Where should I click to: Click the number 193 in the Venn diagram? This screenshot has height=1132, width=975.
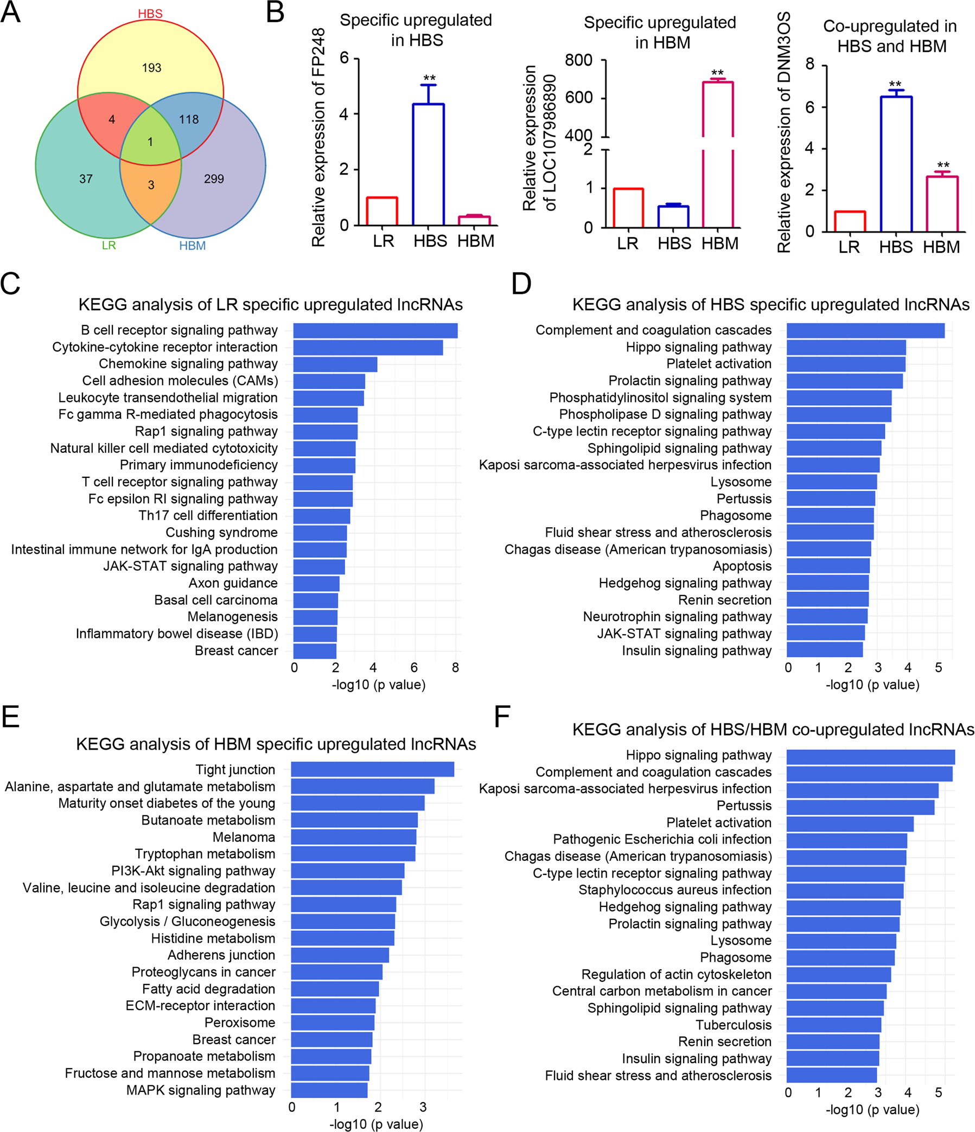151,68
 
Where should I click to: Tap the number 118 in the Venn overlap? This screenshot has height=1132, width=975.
189,119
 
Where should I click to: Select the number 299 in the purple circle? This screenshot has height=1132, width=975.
214,178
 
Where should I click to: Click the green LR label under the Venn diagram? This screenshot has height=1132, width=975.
109,245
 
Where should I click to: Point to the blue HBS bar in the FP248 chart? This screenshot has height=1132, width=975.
429,164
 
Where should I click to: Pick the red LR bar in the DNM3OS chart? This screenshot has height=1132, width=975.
849,221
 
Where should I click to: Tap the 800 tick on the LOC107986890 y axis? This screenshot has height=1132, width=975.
579,60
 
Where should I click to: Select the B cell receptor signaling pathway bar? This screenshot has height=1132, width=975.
375,330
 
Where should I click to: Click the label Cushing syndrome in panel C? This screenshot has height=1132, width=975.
221,532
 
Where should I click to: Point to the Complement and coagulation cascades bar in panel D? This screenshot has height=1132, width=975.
865,330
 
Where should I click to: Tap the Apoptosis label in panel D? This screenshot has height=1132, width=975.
742,566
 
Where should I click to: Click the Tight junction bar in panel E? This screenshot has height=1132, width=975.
372,769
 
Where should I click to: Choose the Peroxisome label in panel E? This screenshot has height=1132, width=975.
239,1022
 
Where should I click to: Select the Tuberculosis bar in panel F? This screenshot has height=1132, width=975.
833,1025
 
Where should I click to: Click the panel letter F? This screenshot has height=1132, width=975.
502,716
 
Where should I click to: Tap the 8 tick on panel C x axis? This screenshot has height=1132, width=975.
455,667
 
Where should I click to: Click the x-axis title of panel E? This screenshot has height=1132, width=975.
376,1124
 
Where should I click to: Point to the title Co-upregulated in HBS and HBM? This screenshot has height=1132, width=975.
890,36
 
